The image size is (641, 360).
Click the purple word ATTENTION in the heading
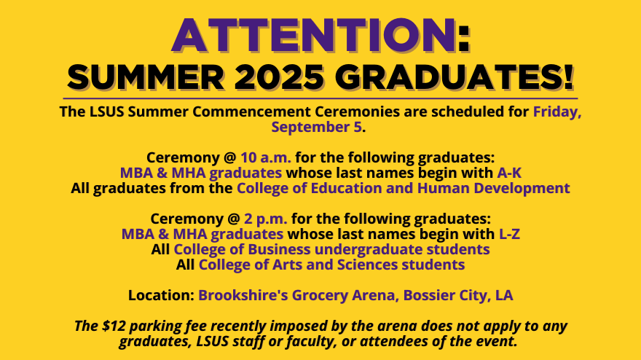tap(314, 36)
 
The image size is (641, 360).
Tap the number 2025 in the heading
tap(279, 77)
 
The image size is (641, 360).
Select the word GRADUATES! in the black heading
tap(455, 77)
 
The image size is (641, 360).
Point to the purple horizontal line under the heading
tap(320, 98)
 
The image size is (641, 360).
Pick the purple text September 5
tap(316, 128)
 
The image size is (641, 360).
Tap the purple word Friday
tap(557, 112)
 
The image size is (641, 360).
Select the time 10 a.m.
tap(266, 158)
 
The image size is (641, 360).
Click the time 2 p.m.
tap(265, 219)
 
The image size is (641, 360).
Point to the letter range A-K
tap(509, 173)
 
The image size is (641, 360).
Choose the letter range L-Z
tap(509, 235)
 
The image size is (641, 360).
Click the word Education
tap(346, 188)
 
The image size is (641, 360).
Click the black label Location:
tap(161, 295)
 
